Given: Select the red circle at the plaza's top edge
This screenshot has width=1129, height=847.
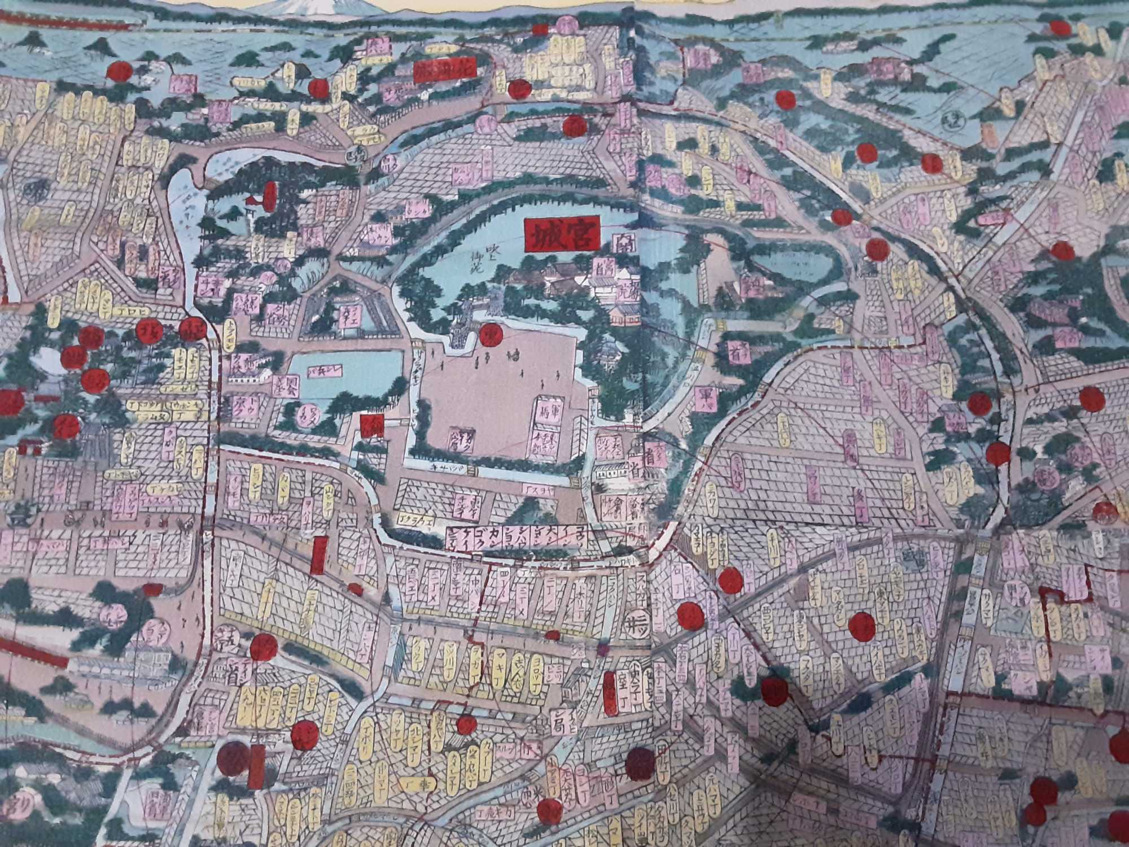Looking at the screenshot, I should [491, 334].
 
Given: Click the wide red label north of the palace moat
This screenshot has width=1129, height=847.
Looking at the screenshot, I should [444, 71].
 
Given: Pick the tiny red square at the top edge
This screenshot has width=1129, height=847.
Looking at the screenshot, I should [540, 29].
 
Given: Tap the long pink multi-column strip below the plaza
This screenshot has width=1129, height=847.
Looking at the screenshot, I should [514, 538].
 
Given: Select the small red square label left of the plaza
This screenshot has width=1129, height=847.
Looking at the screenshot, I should [373, 425].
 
